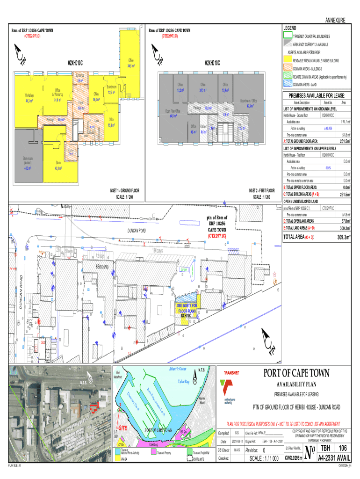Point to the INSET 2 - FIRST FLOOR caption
pyautogui.click(x=261, y=191)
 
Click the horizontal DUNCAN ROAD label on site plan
pyautogui.click(x=137, y=231)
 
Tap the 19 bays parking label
pyautogui.click(x=157, y=251)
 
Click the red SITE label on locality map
pyautogui.click(x=123, y=428)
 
